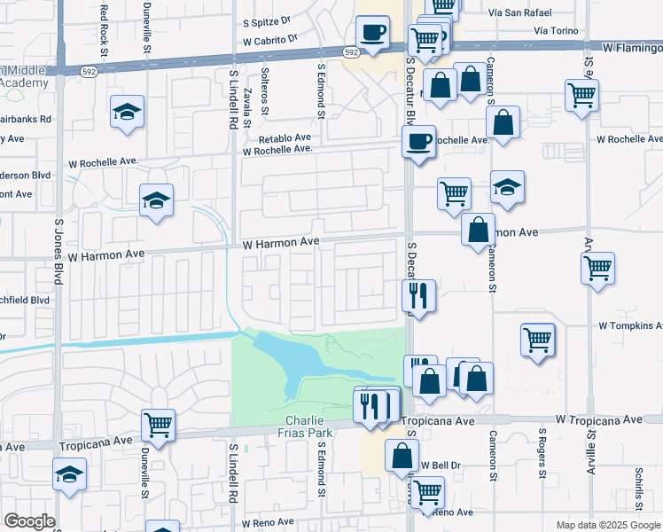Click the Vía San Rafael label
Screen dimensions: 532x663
click(x=520, y=12)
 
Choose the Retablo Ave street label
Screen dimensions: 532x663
click(x=285, y=138)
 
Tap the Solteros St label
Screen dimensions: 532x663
click(x=264, y=90)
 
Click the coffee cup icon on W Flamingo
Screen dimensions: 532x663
click(x=372, y=33)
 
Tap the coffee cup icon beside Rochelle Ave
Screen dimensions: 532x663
click(x=418, y=140)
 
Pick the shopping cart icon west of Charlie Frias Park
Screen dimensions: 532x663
click(x=158, y=426)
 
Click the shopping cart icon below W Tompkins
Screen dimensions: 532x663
click(x=538, y=339)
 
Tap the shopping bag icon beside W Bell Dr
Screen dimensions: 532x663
click(x=402, y=456)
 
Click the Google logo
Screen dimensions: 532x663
click(x=29, y=521)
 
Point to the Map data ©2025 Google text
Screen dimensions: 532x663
click(x=608, y=525)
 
